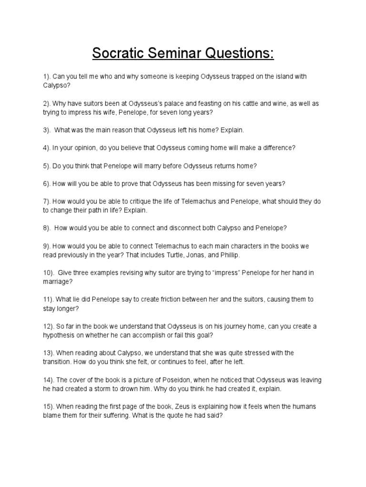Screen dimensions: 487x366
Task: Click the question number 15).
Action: click(48, 407)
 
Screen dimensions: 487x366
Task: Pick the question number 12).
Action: click(48, 326)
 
